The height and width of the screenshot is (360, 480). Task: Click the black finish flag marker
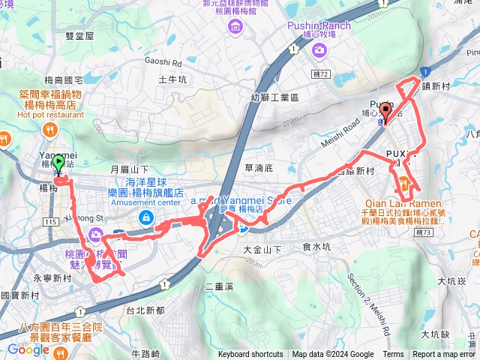tap(385, 112)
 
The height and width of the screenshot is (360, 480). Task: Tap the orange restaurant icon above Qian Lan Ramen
tap(403, 182)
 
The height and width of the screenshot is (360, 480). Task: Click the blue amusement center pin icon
tap(146, 218)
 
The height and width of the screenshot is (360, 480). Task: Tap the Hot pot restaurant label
tap(49, 115)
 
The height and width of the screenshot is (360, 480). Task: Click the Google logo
tap(28, 349)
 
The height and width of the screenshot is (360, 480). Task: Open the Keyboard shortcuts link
tap(250, 355)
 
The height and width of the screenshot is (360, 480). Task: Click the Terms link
tap(393, 355)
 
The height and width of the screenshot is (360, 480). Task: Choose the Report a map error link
tap(444, 355)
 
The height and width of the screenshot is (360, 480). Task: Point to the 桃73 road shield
tap(424, 233)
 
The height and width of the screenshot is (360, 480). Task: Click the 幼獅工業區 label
tap(275, 97)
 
